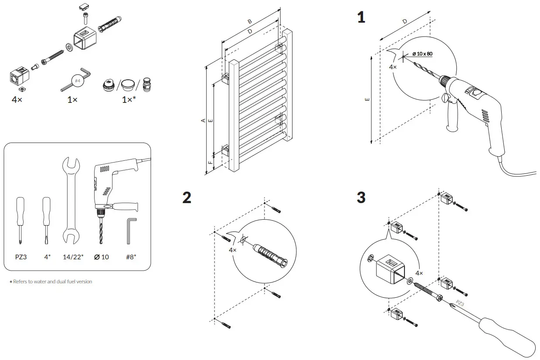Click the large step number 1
point(361,18)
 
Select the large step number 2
point(187,197)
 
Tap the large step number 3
point(361,197)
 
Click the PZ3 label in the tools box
point(21,257)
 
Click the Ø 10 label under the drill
point(102,257)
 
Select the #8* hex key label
point(131,257)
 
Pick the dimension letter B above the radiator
point(250,21)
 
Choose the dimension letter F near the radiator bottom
point(211,163)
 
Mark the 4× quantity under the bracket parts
point(17,99)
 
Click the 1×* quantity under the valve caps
point(129,99)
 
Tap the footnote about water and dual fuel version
point(51,282)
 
